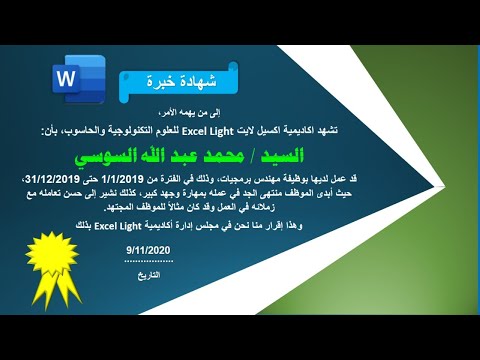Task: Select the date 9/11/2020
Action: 150,248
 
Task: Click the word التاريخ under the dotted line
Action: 150,271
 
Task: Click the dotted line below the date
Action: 150,260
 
